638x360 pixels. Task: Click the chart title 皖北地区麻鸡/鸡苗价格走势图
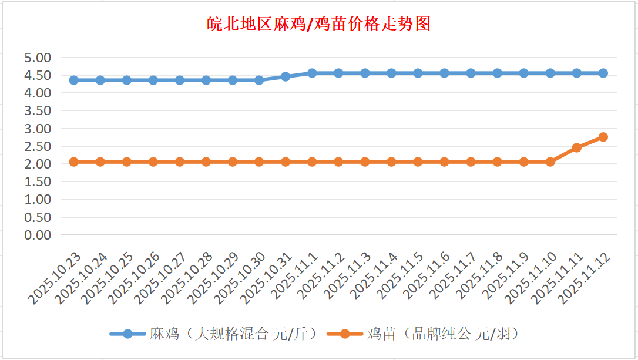coord(319,24)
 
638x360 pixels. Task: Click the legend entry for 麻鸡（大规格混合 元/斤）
coord(214,334)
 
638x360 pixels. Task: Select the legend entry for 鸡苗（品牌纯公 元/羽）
coord(422,334)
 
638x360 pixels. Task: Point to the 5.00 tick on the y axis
coord(38,58)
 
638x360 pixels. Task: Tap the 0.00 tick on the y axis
coord(38,235)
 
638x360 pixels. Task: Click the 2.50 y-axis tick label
coord(38,146)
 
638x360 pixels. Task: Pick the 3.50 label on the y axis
coord(38,110)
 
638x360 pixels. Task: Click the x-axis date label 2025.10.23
coord(56,279)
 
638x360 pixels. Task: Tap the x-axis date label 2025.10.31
coord(268,279)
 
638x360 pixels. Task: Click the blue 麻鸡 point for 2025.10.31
coord(286,76)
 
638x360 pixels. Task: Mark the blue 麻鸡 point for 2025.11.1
coord(312,73)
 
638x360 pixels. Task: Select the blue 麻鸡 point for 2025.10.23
coord(74,80)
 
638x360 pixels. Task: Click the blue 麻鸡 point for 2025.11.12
coord(603,73)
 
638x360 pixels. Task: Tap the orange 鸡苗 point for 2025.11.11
coord(576,147)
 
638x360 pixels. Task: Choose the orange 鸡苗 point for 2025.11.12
coord(603,137)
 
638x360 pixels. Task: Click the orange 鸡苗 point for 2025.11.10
coord(550,162)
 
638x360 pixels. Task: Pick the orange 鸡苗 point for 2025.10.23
coord(74,162)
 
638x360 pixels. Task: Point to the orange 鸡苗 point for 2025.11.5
coord(418,162)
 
